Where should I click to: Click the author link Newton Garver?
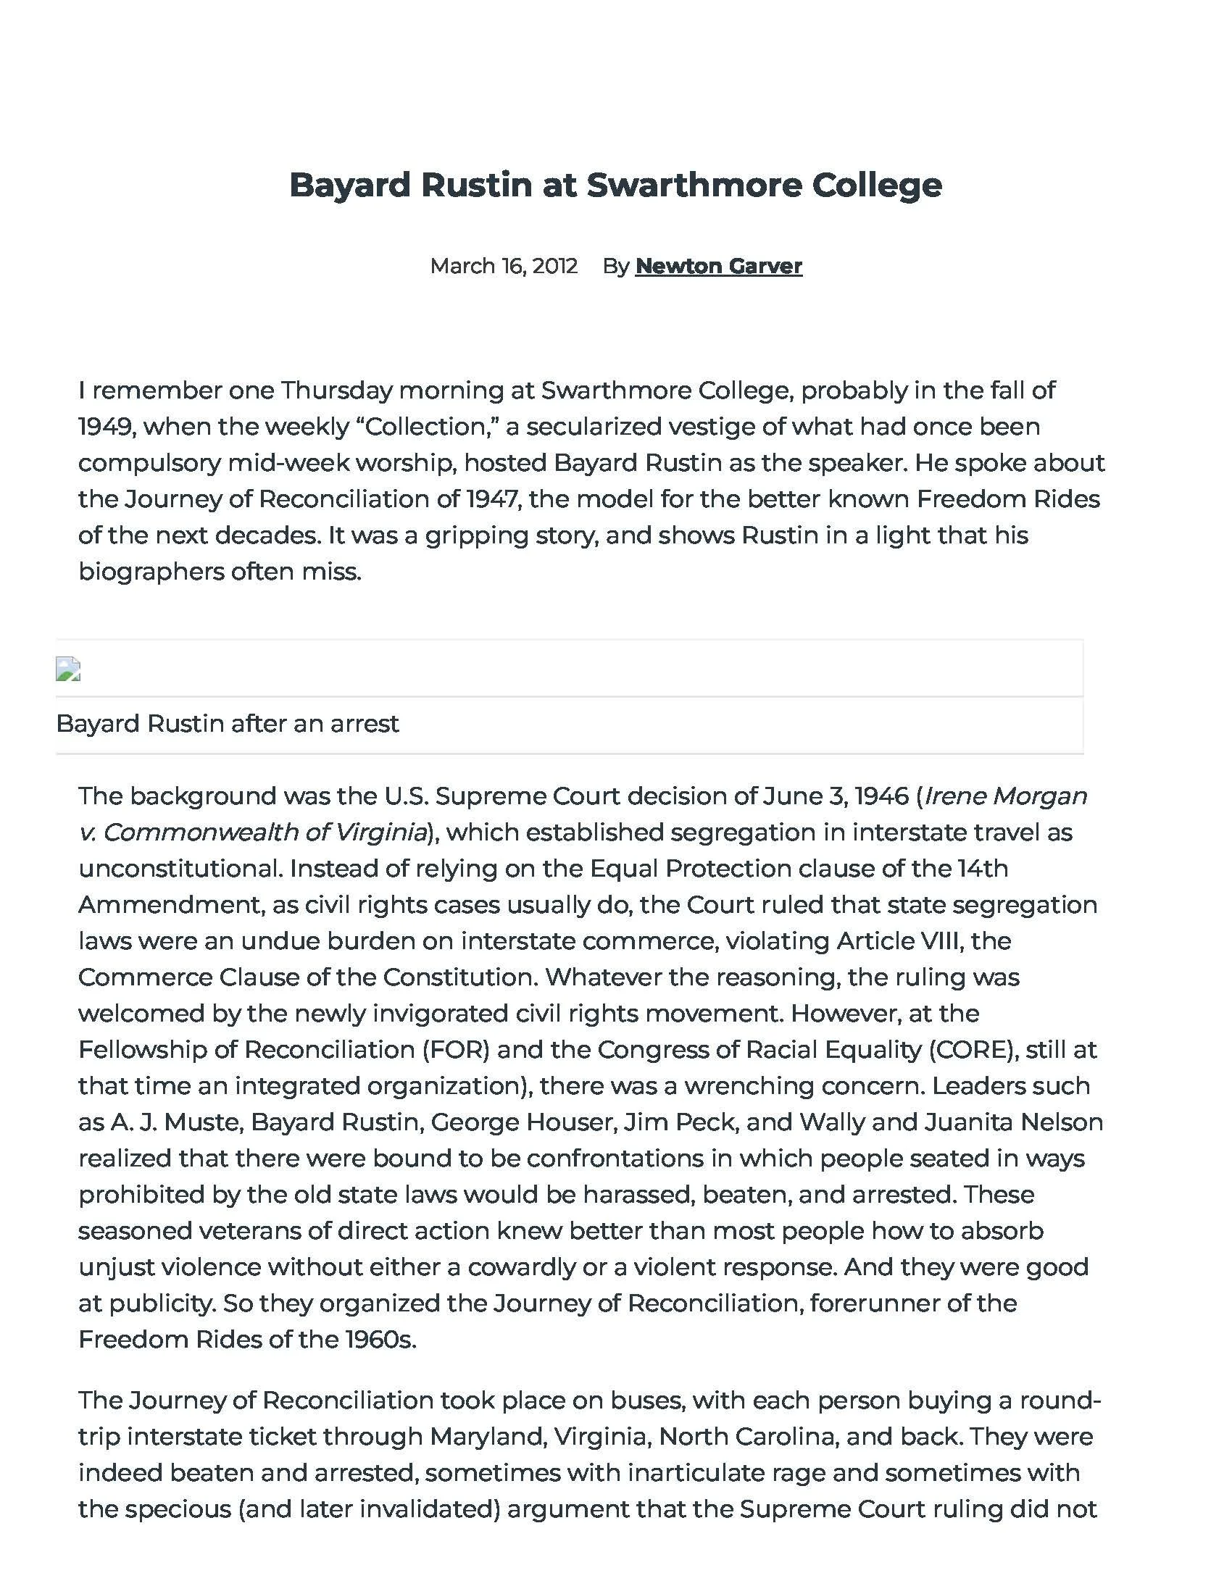pos(718,266)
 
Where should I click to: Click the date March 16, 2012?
pos(504,266)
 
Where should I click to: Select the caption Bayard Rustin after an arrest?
pos(227,723)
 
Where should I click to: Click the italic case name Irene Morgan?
pos(1006,796)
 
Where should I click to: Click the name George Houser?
pos(521,1122)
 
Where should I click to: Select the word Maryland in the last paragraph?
pos(487,1436)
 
